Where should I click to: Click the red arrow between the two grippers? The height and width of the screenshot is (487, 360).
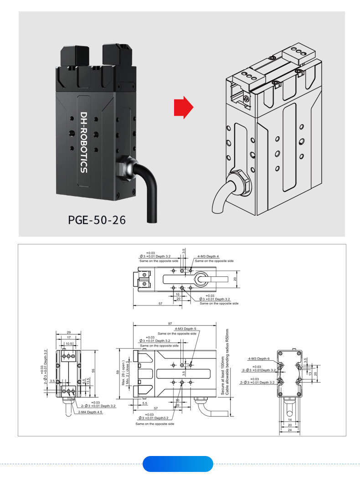pyautogui.click(x=183, y=108)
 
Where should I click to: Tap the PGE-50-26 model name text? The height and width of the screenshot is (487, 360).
pyautogui.click(x=97, y=220)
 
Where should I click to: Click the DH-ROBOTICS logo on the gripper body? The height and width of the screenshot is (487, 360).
pyautogui.click(x=83, y=142)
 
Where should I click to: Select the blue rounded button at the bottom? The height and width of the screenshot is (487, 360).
pyautogui.click(x=178, y=464)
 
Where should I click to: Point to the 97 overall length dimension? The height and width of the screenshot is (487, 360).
pyautogui.click(x=170, y=323)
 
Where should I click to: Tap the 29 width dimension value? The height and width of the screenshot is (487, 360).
pyautogui.click(x=68, y=332)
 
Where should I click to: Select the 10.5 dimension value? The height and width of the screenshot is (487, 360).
pyautogui.click(x=69, y=343)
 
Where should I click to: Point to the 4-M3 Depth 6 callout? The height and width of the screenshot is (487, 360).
pyautogui.click(x=259, y=358)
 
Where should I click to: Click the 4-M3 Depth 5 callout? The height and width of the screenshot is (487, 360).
pyautogui.click(x=185, y=329)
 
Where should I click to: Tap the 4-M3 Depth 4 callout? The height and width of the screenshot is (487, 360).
pyautogui.click(x=208, y=256)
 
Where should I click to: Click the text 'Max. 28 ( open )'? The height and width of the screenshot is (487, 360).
pyautogui.click(x=123, y=372)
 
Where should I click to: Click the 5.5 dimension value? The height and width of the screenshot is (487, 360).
pyautogui.click(x=144, y=403)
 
